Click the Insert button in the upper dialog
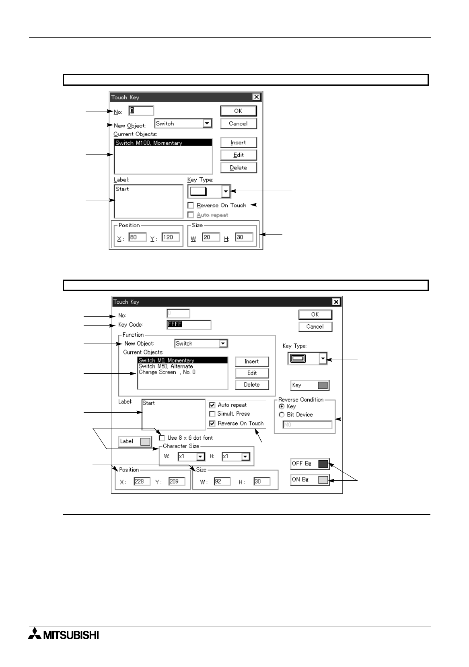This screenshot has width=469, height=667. pos(239,142)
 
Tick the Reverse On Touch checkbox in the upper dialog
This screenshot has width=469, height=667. pos(191,206)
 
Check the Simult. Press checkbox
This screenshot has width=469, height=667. pos(212,414)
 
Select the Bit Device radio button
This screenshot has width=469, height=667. pos(282,415)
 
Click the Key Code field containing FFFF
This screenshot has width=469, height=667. pos(189,325)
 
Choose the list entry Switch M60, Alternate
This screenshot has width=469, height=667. pos(166,366)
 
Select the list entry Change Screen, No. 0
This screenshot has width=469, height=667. pos(167,372)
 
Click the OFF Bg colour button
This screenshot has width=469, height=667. pos(310,464)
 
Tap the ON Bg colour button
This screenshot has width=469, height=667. pos(310,480)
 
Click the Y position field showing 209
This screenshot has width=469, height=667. pos(177,482)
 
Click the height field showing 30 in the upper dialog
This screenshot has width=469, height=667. pos(244,237)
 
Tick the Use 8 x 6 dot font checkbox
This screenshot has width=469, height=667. pos(162,438)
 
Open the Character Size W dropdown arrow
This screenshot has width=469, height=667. pos(200,457)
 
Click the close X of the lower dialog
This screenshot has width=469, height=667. pos(336,302)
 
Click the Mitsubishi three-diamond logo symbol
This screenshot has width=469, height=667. pos(35,634)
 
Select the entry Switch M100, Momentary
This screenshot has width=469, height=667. pos(163,143)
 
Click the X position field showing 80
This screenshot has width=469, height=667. pos(137,237)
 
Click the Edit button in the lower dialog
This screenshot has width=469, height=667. pos(252,373)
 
